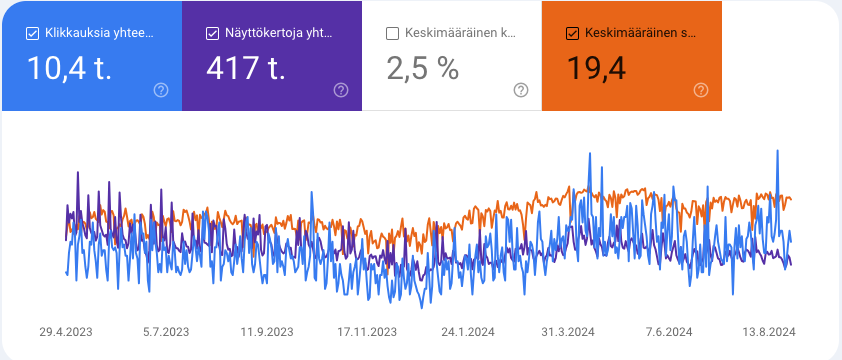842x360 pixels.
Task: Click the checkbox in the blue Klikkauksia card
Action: (32, 33)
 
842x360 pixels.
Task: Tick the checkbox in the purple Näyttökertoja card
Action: (212, 33)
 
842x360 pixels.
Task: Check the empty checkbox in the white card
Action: (392, 33)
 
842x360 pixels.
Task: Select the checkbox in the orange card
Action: (572, 33)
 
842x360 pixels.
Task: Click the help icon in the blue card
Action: (161, 90)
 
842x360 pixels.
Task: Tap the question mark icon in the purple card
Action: (341, 90)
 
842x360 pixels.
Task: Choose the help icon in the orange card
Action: (701, 90)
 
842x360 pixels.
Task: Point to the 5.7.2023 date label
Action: (166, 331)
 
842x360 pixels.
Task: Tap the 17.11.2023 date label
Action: (366, 331)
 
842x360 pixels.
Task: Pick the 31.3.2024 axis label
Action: (568, 331)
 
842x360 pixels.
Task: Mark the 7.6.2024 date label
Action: (668, 331)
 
